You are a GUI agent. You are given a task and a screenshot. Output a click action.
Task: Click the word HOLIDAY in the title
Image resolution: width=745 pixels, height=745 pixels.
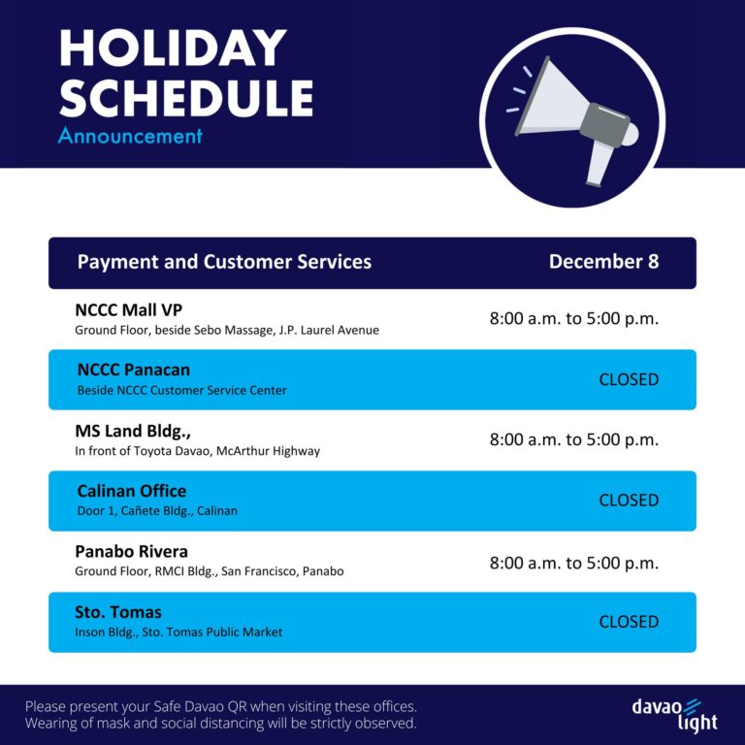[173, 49]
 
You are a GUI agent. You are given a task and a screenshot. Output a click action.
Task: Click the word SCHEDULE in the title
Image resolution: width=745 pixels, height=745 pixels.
[185, 98]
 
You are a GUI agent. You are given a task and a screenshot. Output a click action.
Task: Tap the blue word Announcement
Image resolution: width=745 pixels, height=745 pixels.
[130, 136]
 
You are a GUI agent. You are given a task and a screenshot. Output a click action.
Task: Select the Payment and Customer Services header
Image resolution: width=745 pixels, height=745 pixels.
[224, 262]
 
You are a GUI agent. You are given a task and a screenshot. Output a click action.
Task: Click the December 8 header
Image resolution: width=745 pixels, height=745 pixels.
[603, 262]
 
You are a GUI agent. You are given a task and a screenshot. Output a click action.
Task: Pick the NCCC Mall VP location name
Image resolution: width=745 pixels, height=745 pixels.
[128, 310]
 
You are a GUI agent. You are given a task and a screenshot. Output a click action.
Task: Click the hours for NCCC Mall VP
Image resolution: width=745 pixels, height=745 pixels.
[573, 318]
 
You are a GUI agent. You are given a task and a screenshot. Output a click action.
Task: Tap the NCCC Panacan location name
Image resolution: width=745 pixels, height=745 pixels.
[133, 370]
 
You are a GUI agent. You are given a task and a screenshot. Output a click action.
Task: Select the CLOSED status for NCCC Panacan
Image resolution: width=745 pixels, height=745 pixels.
[629, 379]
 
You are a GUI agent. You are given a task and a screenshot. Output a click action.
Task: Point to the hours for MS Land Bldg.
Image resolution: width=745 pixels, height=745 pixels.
[573, 439]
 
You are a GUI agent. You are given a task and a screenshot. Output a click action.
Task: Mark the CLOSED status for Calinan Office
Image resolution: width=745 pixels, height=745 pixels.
[629, 501]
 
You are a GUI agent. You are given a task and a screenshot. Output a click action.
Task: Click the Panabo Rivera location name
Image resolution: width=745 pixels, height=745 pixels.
[131, 551]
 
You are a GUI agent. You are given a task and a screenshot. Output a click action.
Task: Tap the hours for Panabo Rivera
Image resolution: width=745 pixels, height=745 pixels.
[573, 563]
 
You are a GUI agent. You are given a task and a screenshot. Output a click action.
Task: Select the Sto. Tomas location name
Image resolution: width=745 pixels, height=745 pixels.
[118, 612]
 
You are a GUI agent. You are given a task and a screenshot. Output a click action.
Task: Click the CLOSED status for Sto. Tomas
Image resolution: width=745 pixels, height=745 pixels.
[629, 622]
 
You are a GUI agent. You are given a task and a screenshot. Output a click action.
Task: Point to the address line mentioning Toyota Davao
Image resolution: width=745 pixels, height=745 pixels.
[197, 451]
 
